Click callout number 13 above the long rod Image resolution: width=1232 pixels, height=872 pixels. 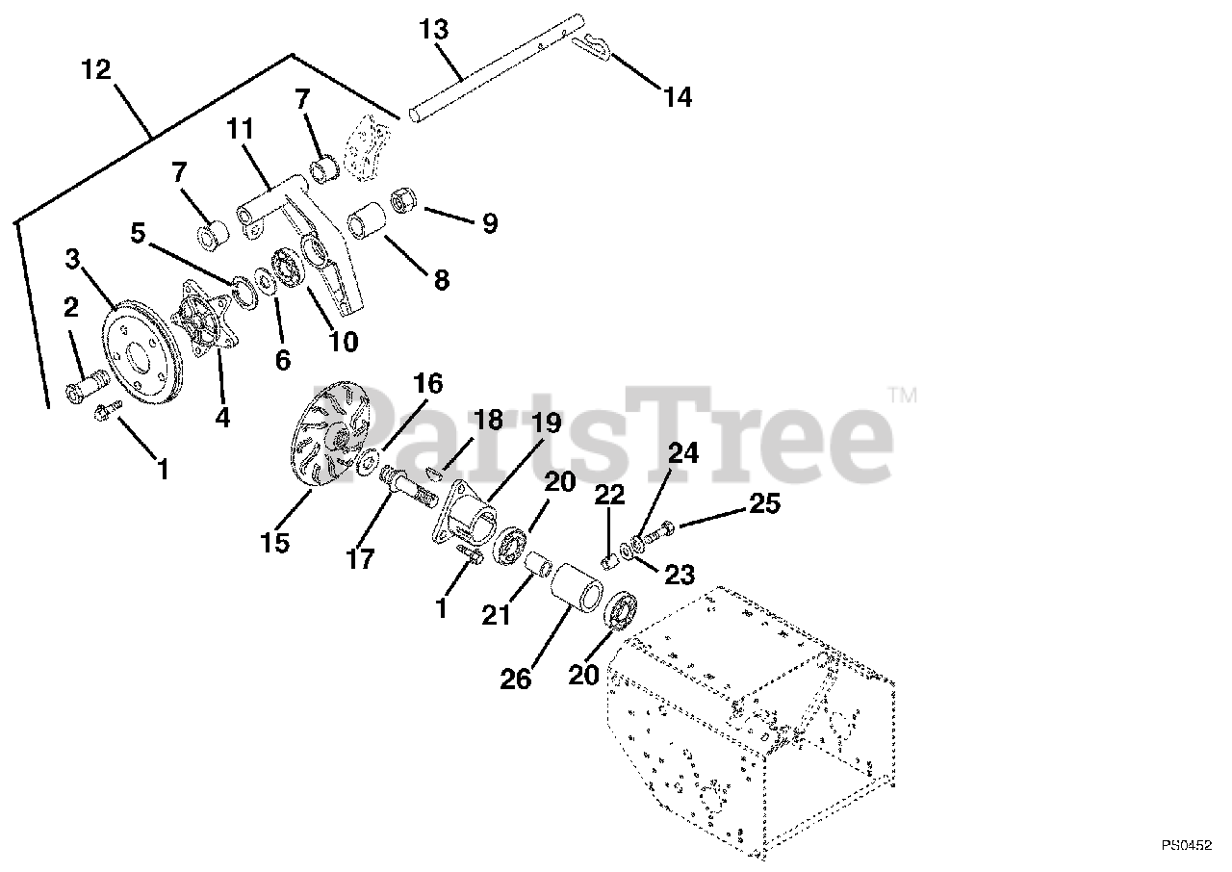click(x=434, y=30)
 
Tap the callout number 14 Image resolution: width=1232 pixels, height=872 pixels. click(x=677, y=96)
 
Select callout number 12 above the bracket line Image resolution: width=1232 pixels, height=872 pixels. click(x=96, y=70)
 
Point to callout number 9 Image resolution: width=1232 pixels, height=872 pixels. click(x=490, y=223)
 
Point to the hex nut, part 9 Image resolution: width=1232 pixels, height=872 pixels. click(x=401, y=204)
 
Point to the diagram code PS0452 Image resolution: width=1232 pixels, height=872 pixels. click(x=1185, y=846)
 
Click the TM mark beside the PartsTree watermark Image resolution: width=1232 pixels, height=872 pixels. click(x=902, y=395)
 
